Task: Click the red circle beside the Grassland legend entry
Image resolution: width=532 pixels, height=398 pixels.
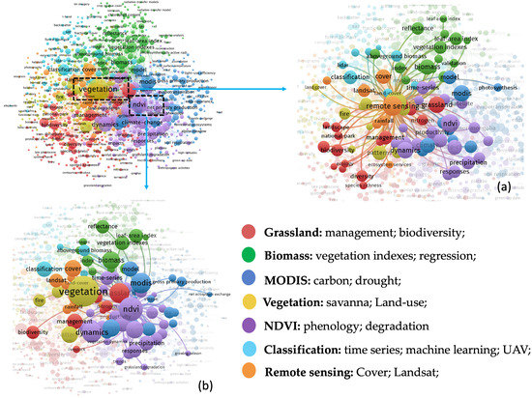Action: [x=250, y=231]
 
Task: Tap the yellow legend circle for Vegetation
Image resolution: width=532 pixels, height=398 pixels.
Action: [x=250, y=301]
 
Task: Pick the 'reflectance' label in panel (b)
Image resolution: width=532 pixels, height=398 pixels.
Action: [x=103, y=226]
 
